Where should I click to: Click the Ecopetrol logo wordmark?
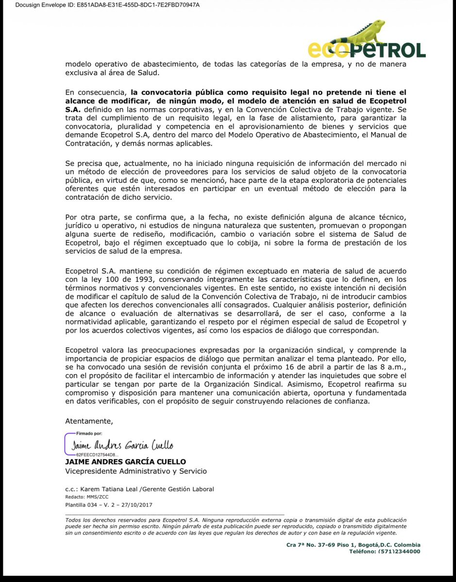coord(367,49)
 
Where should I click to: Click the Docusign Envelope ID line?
coord(101,5)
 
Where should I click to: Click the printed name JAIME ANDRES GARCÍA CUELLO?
coord(125,462)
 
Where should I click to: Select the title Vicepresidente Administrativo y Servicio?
coord(136,471)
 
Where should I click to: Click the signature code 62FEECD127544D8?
coord(95,455)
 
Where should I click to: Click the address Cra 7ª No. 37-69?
coord(318,545)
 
